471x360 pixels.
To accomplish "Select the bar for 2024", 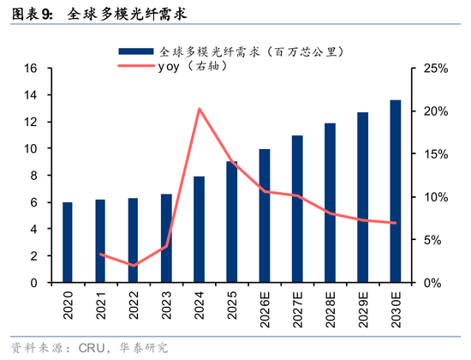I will pyautogui.click(x=199, y=230).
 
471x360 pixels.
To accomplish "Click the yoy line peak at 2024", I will pyautogui.click(x=199, y=109).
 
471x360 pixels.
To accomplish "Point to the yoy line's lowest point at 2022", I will pyautogui.click(x=134, y=266).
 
